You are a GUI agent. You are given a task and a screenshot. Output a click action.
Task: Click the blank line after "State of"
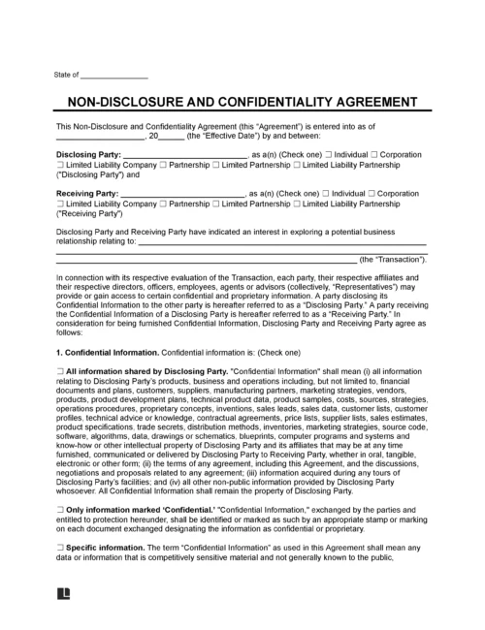113,77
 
